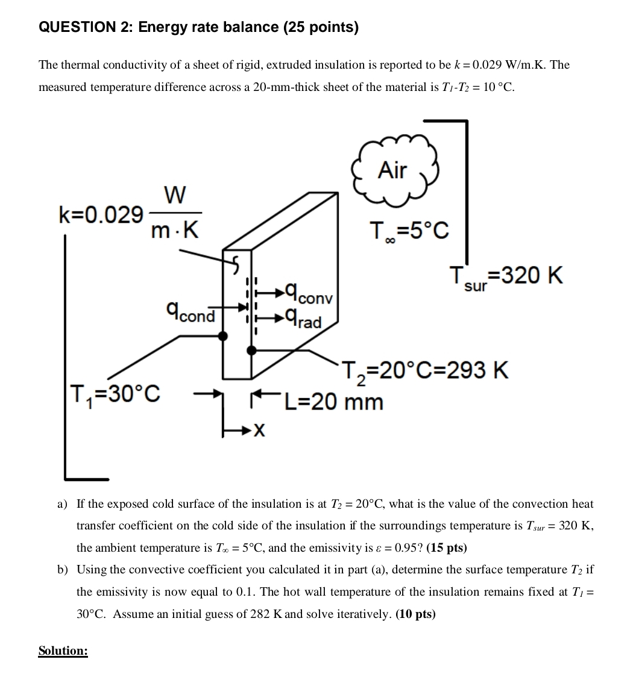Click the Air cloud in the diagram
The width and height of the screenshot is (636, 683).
(393, 170)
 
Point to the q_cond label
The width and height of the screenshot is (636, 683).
(190, 312)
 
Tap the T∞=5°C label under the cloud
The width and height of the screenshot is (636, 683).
(409, 230)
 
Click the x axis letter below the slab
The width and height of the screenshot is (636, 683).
(259, 430)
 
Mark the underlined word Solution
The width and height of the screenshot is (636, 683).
(63, 650)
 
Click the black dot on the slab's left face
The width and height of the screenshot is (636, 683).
(223, 335)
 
